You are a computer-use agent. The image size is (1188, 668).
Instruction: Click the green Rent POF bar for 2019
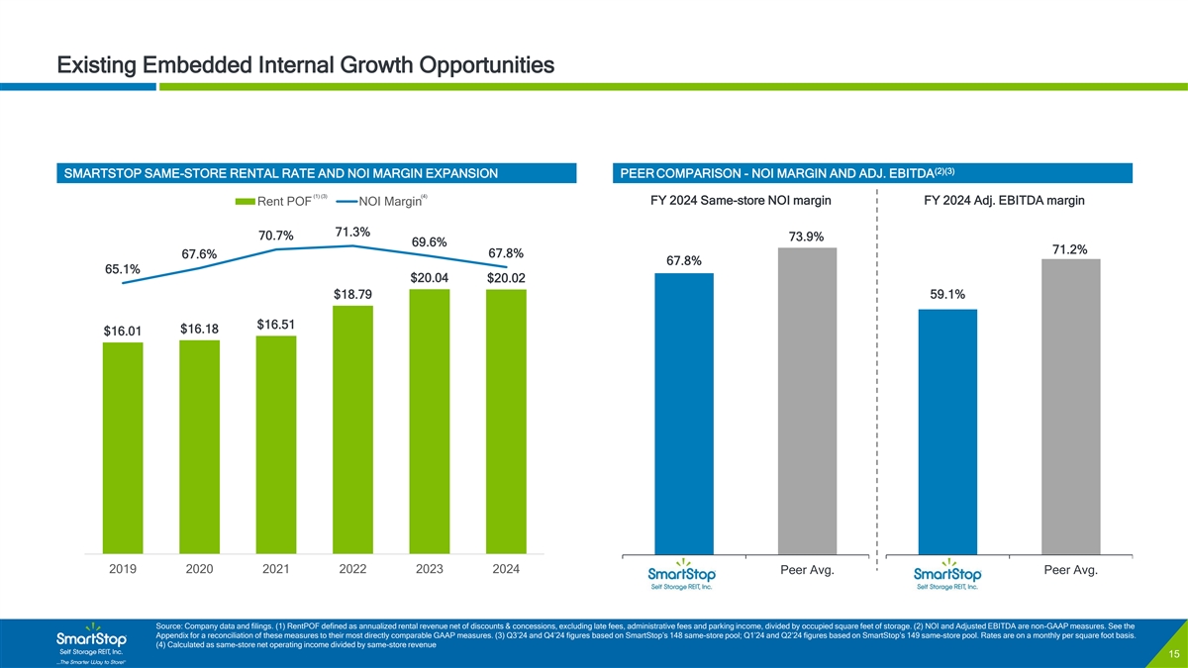pyautogui.click(x=123, y=447)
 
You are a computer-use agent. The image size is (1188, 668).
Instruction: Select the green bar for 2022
pyautogui.click(x=352, y=429)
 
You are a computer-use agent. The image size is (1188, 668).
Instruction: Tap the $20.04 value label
pyautogui.click(x=430, y=277)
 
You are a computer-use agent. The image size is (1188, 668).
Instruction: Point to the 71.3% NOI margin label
pyautogui.click(x=352, y=233)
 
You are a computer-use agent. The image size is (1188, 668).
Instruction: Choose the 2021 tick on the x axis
pyautogui.click(x=276, y=570)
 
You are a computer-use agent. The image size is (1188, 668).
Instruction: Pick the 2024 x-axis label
pyautogui.click(x=506, y=570)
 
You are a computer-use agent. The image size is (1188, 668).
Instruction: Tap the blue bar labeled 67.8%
pyautogui.click(x=684, y=414)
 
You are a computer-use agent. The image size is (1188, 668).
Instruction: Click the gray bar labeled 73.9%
pyautogui.click(x=808, y=401)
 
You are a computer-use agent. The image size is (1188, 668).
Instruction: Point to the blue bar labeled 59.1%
pyautogui.click(x=947, y=431)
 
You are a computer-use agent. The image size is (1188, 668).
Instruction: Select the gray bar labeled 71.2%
pyautogui.click(x=1071, y=407)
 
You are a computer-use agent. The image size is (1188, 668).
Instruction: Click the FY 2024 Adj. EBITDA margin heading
pyautogui.click(x=1003, y=201)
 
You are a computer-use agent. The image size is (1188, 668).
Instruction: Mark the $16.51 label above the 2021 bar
pyautogui.click(x=276, y=325)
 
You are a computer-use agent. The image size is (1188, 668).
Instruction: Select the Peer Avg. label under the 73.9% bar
pyautogui.click(x=808, y=570)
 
